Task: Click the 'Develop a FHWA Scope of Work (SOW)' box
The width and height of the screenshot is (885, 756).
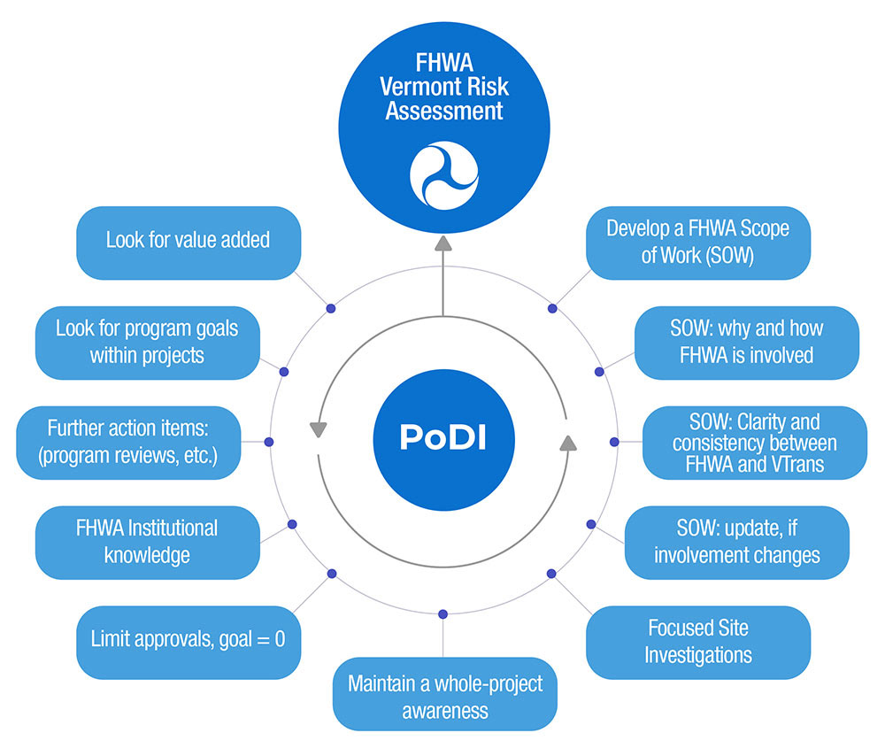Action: tap(697, 242)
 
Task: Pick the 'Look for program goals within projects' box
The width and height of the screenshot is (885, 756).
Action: tap(147, 342)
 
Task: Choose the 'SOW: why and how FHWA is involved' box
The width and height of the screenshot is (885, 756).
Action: tap(746, 342)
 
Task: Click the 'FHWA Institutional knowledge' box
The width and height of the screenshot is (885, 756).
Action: tap(147, 542)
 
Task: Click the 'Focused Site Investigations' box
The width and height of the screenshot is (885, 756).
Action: tap(697, 641)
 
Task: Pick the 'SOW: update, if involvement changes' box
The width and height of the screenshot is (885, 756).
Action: tap(736, 542)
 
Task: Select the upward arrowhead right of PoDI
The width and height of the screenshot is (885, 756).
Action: tap(568, 442)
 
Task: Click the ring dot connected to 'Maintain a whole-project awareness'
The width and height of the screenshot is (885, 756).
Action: tap(442, 613)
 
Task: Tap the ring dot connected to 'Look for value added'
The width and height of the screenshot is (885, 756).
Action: tap(331, 308)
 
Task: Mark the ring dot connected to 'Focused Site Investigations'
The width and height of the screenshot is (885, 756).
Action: tap(551, 574)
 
